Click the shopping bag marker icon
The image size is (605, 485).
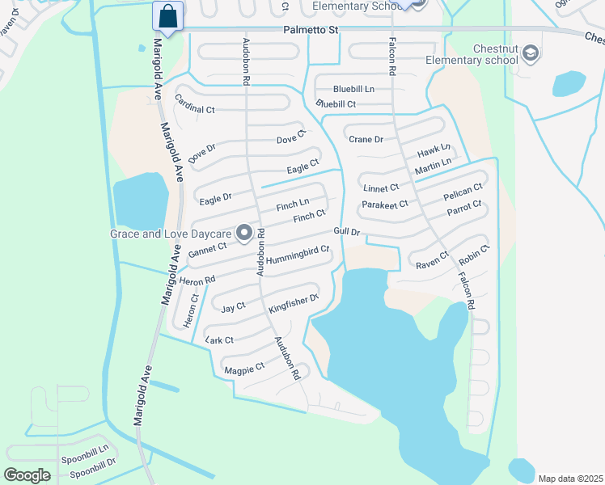[167, 16]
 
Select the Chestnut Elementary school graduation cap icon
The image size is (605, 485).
[531, 54]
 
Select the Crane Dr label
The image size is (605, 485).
[366, 139]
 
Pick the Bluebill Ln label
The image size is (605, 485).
[354, 89]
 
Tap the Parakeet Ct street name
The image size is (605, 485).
[385, 205]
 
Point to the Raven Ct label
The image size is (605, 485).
[432, 262]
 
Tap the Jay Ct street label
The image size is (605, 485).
[233, 307]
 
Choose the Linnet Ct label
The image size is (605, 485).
[381, 188]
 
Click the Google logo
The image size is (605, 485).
[27, 475]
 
